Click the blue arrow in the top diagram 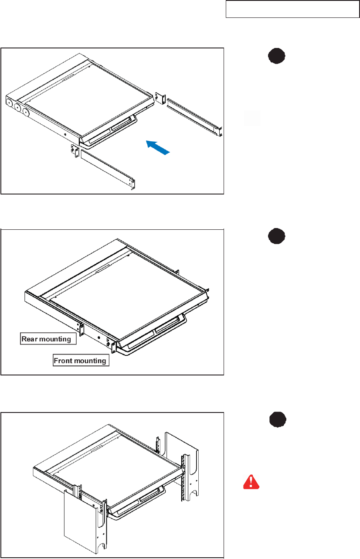click(158, 147)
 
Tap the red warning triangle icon click(251, 482)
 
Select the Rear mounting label click(48, 339)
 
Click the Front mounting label click(81, 360)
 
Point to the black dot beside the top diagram click(277, 56)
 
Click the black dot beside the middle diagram click(277, 236)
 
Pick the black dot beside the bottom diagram click(278, 419)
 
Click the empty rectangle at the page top click(292, 9)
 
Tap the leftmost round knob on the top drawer click(10, 102)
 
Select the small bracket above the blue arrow click(160, 98)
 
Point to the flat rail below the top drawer click(108, 168)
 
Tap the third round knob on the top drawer click(26, 112)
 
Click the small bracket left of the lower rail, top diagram click(75, 151)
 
